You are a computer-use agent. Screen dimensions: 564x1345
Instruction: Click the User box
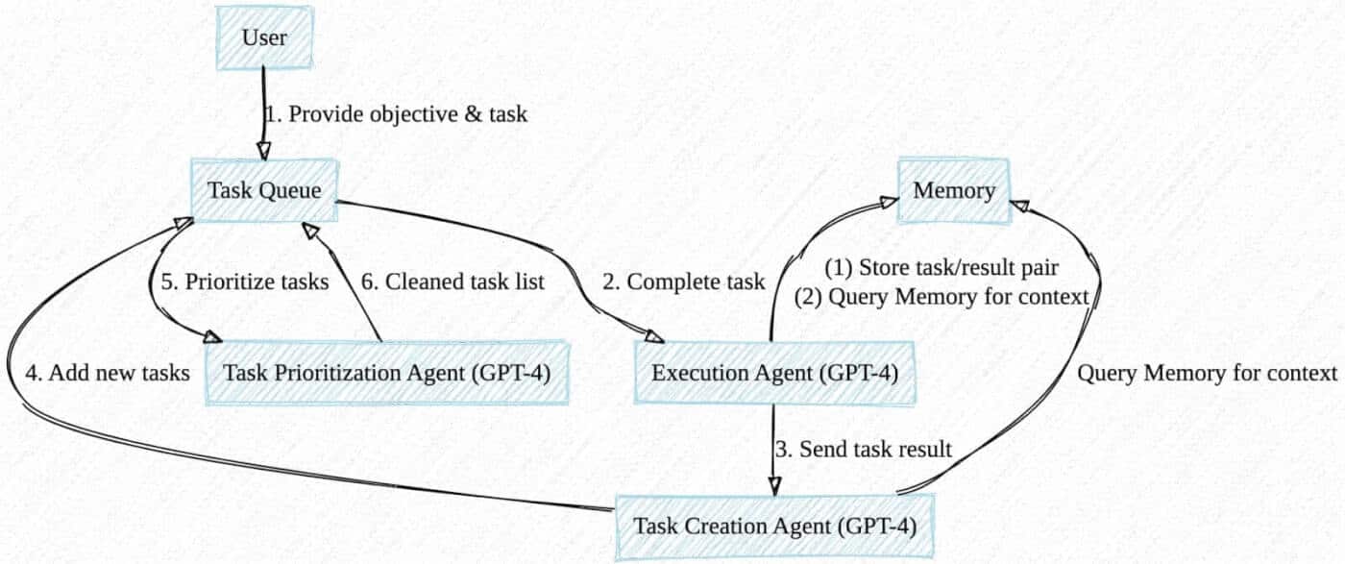tap(264, 37)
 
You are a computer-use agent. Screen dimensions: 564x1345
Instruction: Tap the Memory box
tap(954, 190)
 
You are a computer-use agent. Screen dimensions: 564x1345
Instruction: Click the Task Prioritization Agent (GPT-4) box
tap(386, 372)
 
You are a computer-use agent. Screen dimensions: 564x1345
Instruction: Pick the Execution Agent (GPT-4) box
tap(774, 372)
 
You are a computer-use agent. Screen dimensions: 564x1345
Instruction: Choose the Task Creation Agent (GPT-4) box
tap(774, 527)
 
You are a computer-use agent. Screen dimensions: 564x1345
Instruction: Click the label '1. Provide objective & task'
tap(397, 114)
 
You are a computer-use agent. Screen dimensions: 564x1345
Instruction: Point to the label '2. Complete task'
tap(684, 282)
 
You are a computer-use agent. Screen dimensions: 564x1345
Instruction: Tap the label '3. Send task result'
tap(863, 449)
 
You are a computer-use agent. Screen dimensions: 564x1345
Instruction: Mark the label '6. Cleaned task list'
tap(452, 282)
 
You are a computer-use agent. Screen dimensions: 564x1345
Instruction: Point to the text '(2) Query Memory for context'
tap(942, 298)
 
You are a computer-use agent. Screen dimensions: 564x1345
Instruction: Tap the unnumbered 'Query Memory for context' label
tap(1208, 373)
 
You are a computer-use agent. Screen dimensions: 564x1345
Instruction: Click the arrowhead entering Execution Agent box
tap(654, 336)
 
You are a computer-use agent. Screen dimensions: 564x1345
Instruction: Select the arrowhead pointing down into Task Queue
tap(261, 151)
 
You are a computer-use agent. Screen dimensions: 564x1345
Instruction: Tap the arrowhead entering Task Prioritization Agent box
tap(210, 336)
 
